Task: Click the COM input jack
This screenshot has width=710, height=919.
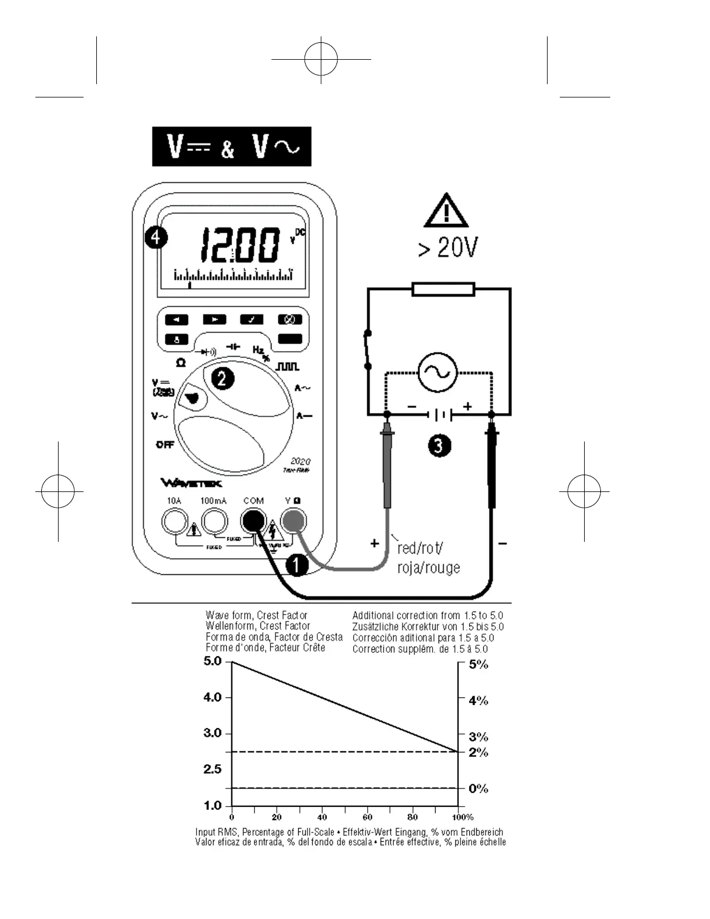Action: (x=253, y=521)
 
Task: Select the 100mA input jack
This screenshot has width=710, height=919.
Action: (x=214, y=521)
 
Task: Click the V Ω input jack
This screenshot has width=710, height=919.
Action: (x=293, y=521)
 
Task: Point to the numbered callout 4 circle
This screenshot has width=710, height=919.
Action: (x=156, y=238)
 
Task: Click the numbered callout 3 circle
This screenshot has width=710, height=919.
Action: (x=439, y=446)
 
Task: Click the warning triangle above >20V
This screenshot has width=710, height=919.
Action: (x=446, y=211)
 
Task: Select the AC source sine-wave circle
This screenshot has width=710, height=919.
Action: (x=437, y=372)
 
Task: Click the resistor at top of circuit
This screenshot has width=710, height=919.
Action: (x=443, y=289)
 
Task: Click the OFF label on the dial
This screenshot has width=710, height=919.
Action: (x=165, y=445)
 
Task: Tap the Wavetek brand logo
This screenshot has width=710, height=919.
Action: (x=191, y=483)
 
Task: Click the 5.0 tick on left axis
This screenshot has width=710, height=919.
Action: (x=213, y=661)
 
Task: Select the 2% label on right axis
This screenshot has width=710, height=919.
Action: (x=479, y=752)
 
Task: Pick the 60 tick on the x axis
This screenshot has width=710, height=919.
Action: (x=368, y=817)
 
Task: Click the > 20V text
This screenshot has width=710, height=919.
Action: (x=448, y=248)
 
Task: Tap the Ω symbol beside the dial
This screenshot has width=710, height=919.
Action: (x=181, y=363)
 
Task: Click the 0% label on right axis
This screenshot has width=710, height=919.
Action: (x=479, y=788)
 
